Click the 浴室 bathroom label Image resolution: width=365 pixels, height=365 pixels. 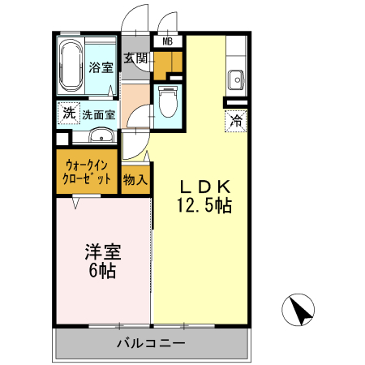pyautogui.click(x=101, y=68)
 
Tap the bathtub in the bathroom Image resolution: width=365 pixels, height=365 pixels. pyautogui.click(x=71, y=67)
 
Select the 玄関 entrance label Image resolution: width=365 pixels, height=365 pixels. pyautogui.click(x=135, y=58)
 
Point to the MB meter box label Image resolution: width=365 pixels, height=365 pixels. pyautogui.click(x=168, y=42)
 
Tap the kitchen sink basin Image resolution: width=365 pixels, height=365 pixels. pyautogui.click(x=236, y=79)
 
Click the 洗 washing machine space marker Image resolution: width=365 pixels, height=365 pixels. pyautogui.click(x=67, y=113)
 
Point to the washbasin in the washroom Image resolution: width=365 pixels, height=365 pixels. pyautogui.click(x=101, y=135)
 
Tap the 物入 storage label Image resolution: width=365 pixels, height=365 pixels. pyautogui.click(x=135, y=178)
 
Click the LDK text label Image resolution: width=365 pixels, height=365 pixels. pyautogui.click(x=205, y=184)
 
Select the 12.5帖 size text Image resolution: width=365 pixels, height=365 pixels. pyautogui.click(x=205, y=205)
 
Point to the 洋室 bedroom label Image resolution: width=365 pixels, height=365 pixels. pyautogui.click(x=102, y=252)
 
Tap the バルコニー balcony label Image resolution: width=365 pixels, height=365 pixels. pyautogui.click(x=150, y=343)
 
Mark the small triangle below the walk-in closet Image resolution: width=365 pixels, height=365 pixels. pyautogui.click(x=75, y=203)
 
